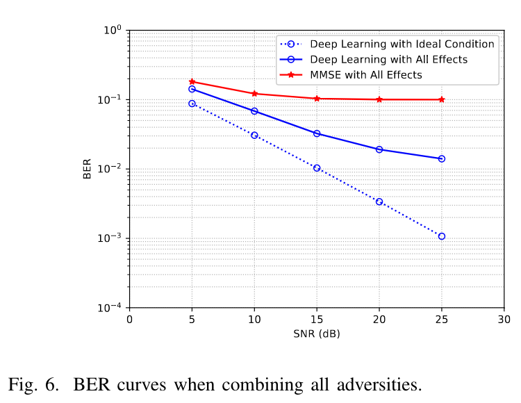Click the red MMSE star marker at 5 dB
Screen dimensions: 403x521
pyautogui.click(x=192, y=81)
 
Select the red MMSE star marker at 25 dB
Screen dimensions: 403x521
pyautogui.click(x=442, y=99)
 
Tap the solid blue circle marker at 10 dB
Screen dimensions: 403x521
pyautogui.click(x=254, y=111)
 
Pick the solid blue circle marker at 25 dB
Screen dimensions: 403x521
pyautogui.click(x=442, y=158)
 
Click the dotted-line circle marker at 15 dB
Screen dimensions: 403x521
pyautogui.click(x=317, y=167)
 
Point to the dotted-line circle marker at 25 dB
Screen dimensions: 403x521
pyautogui.click(x=442, y=236)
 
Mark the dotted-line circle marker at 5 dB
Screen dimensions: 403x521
pyautogui.click(x=192, y=104)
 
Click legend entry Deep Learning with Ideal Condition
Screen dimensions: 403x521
pyautogui.click(x=402, y=44)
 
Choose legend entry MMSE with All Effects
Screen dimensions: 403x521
pyautogui.click(x=366, y=74)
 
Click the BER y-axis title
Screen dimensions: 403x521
pyautogui.click(x=88, y=169)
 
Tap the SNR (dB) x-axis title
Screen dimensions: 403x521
pyautogui.click(x=317, y=334)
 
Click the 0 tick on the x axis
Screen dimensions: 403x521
pyautogui.click(x=129, y=319)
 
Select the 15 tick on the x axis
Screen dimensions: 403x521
pyautogui.click(x=317, y=319)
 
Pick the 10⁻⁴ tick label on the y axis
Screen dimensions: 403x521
pyautogui.click(x=113, y=306)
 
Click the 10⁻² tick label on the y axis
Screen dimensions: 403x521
pyautogui.click(x=113, y=168)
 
